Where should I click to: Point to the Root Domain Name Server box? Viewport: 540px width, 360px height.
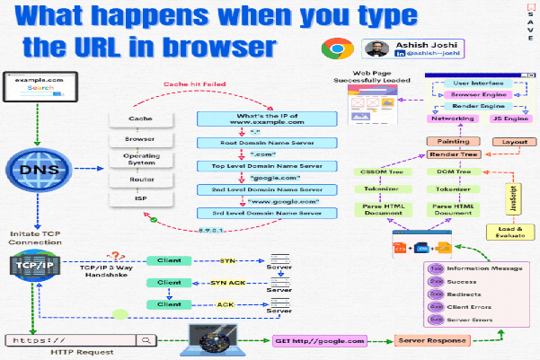pyautogui.click(x=268, y=143)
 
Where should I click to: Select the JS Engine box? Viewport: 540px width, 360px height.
pyautogui.click(x=509, y=117)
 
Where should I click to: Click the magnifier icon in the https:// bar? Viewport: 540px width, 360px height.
pyautogui.click(x=143, y=340)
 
